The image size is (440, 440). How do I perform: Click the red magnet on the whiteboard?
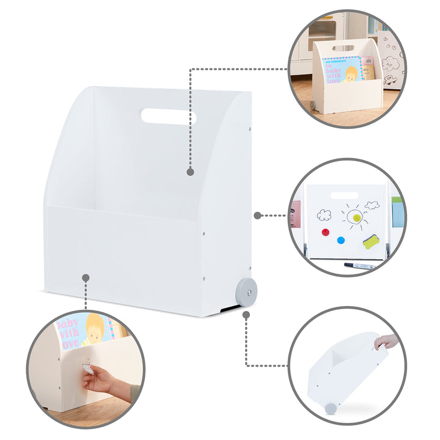pyautogui.click(x=325, y=232)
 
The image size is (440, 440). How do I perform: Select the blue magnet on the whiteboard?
pyautogui.click(x=340, y=240)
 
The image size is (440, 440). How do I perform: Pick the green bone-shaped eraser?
pyautogui.click(x=371, y=241)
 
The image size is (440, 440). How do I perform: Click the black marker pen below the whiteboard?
pyautogui.click(x=359, y=266)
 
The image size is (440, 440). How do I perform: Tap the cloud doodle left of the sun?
pyautogui.click(x=324, y=215)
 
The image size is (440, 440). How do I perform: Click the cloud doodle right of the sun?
pyautogui.click(x=372, y=205)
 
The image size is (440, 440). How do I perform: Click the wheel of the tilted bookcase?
pyautogui.click(x=331, y=408)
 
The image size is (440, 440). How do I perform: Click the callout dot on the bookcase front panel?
pyautogui.click(x=86, y=277)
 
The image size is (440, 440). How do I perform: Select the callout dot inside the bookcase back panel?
pyautogui.click(x=190, y=172)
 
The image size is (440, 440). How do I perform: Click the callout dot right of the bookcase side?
pyautogui.click(x=258, y=215)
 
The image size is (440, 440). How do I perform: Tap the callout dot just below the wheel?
pyautogui.click(x=246, y=315)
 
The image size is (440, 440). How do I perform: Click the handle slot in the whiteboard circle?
pyautogui.click(x=344, y=196)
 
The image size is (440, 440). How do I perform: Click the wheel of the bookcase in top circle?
pyautogui.click(x=312, y=105)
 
